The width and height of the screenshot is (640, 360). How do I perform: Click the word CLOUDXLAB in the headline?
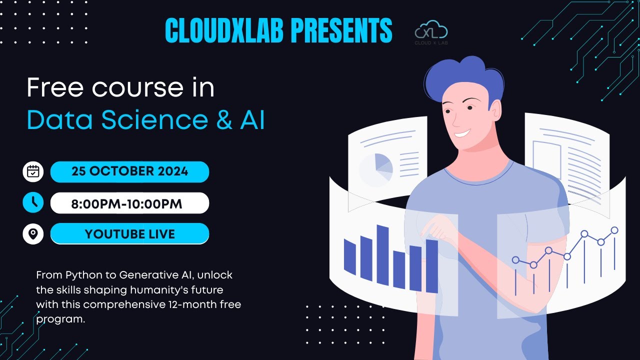pyautogui.click(x=224, y=30)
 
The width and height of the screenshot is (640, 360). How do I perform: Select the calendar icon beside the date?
pyautogui.click(x=33, y=171)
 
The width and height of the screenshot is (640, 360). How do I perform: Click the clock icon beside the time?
pyautogui.click(x=33, y=202)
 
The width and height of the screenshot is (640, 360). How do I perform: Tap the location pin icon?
pyautogui.click(x=33, y=233)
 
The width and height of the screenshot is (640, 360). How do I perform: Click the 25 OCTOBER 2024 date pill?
pyautogui.click(x=129, y=171)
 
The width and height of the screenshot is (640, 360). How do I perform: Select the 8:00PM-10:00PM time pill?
pyautogui.click(x=129, y=203)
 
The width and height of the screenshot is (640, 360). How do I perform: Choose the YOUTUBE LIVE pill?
pyautogui.click(x=129, y=233)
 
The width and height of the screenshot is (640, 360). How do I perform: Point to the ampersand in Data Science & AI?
pyautogui.click(x=224, y=119)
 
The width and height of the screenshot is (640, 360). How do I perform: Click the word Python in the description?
pyautogui.click(x=84, y=275)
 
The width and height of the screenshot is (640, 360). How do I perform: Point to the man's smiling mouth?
pyautogui.click(x=462, y=133)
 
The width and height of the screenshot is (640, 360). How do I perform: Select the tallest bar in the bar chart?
pyautogui.click(x=382, y=255)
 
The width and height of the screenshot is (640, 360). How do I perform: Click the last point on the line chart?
pyautogui.click(x=614, y=230)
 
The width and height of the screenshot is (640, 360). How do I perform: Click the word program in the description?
pyautogui.click(x=60, y=319)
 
